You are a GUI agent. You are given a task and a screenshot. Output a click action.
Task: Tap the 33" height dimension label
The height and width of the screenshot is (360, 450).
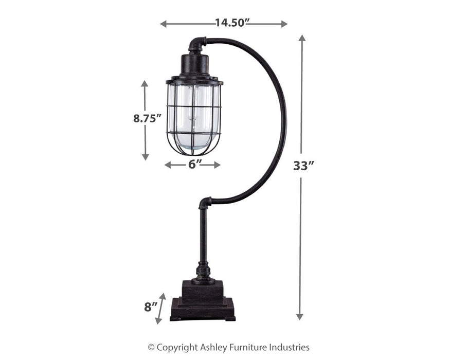coord(303,166)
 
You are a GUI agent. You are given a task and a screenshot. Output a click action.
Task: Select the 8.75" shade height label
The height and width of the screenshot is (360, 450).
coord(146,118)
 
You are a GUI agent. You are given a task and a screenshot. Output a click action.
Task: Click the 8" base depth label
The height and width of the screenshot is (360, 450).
coord(151,307)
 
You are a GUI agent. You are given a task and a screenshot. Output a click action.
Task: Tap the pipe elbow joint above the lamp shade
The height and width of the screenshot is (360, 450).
coord(196,44)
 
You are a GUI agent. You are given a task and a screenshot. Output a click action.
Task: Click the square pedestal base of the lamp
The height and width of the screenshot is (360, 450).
coord(202,301)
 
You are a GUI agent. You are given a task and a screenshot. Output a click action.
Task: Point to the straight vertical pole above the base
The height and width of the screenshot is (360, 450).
coord(203,237)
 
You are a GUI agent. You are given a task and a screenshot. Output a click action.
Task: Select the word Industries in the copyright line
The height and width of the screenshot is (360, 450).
coord(290,348)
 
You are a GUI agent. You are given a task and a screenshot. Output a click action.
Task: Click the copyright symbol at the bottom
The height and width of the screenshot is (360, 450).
coord(151,348)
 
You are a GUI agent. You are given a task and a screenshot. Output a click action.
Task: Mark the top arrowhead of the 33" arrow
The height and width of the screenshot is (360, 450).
coord(301,38)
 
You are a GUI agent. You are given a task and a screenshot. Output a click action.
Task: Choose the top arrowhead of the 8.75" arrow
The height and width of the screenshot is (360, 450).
coord(146,84)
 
